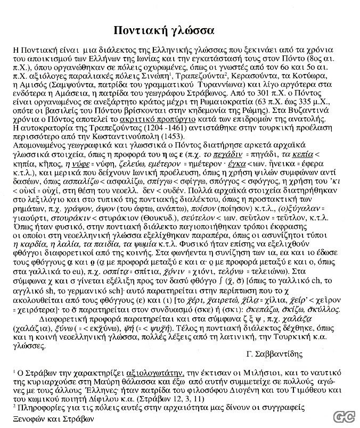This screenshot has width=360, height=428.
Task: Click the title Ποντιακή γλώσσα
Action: point(165,28)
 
